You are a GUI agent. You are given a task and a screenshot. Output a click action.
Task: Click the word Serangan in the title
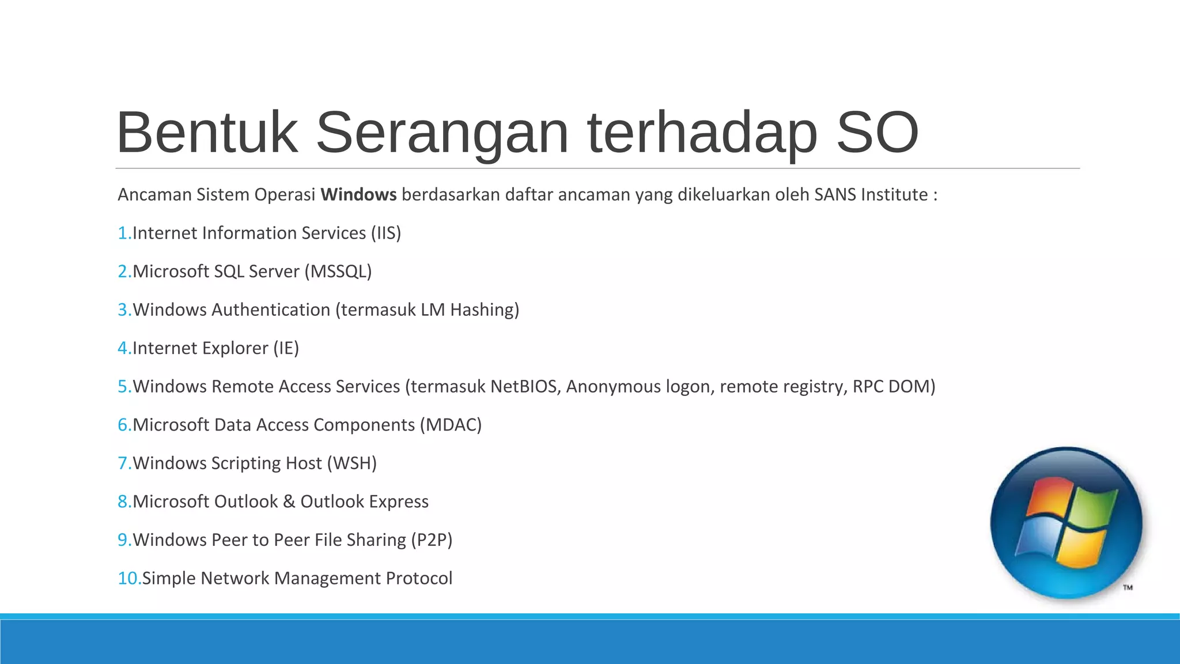pos(442,134)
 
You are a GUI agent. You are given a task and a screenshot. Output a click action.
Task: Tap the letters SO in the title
pos(876,134)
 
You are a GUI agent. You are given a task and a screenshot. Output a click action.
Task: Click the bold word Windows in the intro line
pos(358,195)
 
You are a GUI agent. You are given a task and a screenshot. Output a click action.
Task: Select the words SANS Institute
pos(871,195)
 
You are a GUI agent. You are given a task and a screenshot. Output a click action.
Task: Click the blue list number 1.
pos(123,233)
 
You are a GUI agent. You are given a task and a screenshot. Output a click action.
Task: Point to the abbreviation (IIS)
pos(385,233)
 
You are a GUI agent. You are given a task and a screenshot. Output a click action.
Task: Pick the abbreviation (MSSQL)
pos(338,271)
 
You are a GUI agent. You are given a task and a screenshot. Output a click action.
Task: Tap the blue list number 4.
pos(123,348)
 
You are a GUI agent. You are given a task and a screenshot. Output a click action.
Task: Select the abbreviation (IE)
pos(286,348)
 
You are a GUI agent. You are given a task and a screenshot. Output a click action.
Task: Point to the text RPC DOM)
pos(894,386)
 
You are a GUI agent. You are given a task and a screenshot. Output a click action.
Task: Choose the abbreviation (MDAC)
pos(451,425)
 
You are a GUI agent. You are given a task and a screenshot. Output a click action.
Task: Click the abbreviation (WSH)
pos(351,463)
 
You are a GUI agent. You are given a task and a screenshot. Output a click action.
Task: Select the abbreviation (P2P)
pos(431,540)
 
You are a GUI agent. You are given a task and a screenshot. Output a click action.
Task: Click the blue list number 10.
pos(129,578)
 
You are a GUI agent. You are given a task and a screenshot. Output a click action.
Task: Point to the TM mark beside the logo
pos(1128,587)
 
